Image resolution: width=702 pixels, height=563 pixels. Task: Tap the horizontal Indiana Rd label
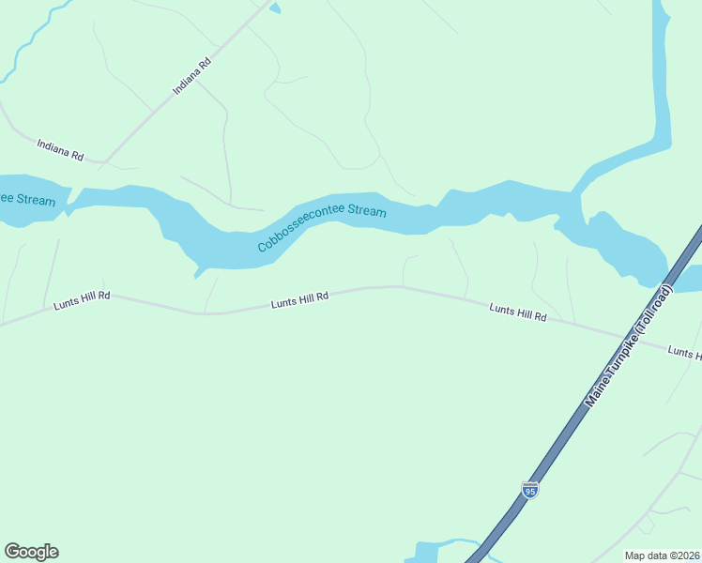click(60, 149)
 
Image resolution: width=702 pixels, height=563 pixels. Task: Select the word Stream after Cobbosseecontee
click(367, 210)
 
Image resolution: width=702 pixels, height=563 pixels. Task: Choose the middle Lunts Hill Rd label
click(299, 298)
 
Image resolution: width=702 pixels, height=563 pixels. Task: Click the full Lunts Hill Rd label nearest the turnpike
click(517, 312)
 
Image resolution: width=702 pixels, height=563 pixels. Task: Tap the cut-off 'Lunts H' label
click(684, 353)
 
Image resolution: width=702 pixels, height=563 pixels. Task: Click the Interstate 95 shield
click(530, 490)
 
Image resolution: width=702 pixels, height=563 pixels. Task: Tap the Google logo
click(31, 552)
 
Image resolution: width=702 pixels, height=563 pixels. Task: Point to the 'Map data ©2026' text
click(663, 555)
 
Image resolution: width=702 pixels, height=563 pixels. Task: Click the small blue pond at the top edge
click(274, 8)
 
